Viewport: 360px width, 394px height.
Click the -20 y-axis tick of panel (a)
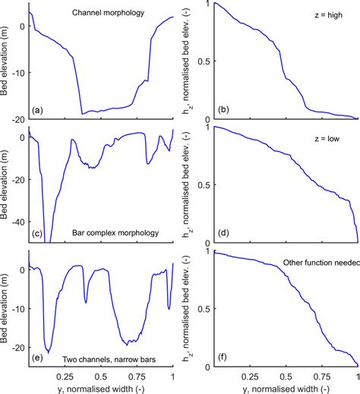click(x=18, y=119)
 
